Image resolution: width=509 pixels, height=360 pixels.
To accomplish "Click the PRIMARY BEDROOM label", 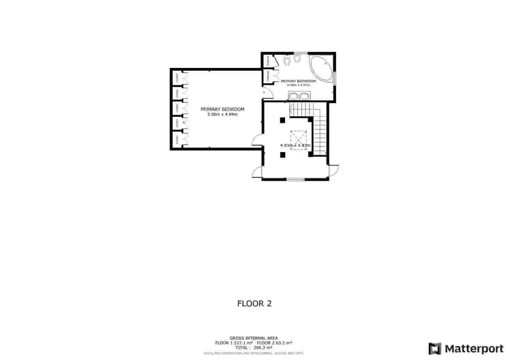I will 222,109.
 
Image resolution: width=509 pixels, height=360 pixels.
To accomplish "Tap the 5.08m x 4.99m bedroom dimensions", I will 222,115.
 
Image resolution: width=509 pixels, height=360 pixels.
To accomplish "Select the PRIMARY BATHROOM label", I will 298,81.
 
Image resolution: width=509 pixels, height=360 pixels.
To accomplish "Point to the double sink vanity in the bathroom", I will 298,96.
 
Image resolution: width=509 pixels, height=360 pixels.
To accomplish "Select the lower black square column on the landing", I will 282,155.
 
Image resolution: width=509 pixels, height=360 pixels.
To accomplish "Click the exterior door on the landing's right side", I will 334,170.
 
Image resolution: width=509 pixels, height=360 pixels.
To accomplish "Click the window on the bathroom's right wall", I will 335,78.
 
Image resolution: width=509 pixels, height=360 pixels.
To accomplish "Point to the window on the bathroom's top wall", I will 300,53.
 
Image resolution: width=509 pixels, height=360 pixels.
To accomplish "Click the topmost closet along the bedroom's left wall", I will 177,78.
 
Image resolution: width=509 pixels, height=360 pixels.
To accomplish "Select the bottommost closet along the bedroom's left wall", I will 177,140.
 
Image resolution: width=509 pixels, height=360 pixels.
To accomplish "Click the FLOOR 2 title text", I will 254,303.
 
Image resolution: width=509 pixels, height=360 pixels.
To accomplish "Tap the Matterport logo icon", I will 435,349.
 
